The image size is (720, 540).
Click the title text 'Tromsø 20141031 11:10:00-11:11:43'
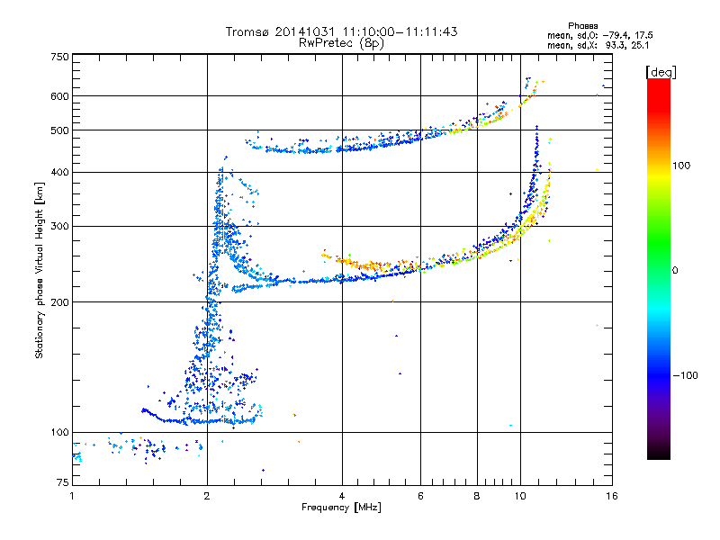tap(341, 31)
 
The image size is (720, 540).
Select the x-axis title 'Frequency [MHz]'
tap(341, 508)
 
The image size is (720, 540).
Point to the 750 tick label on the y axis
tap(60, 57)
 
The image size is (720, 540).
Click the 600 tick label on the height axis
tap(60, 95)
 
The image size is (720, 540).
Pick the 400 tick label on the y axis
tap(60, 172)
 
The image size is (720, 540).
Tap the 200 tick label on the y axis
tap(60, 301)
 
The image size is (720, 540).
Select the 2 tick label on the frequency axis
tap(207, 496)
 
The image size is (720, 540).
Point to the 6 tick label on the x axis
tap(420, 496)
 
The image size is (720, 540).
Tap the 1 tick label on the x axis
tap(72, 496)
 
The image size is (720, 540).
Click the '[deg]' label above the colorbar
tap(661, 71)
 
